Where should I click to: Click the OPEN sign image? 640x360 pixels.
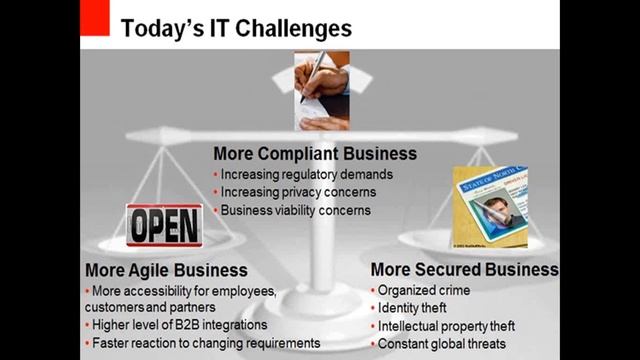pos(164,223)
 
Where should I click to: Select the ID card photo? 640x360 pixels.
pos(490,206)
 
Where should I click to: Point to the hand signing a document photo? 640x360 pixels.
pos(322,91)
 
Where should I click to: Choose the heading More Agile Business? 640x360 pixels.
pos(166,270)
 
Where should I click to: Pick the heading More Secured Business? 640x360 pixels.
pos(464,270)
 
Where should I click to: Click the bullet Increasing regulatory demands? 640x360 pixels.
pos(306,174)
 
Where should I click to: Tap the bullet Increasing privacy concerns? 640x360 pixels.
pos(298,192)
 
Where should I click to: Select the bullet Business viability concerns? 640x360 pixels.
pos(295,210)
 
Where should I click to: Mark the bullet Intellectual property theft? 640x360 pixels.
pos(447,326)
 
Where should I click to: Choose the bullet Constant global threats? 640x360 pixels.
pos(443,344)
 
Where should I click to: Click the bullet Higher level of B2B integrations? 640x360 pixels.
pos(180,325)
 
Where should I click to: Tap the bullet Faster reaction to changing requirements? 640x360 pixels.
pos(205,343)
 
